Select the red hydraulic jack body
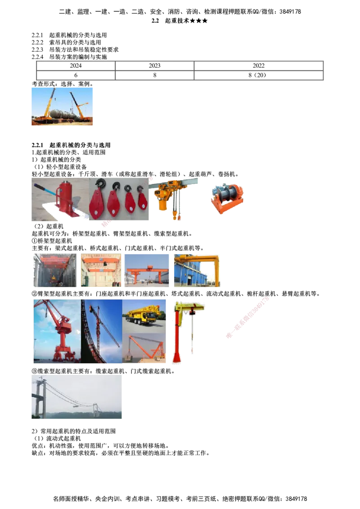tap(66, 200)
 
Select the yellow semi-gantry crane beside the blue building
tap(198, 269)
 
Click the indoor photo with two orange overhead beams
tap(101, 270)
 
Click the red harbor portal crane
tap(61, 330)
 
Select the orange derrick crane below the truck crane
tap(145, 348)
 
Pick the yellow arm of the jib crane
tap(191, 308)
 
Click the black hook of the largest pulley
tap(99, 183)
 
